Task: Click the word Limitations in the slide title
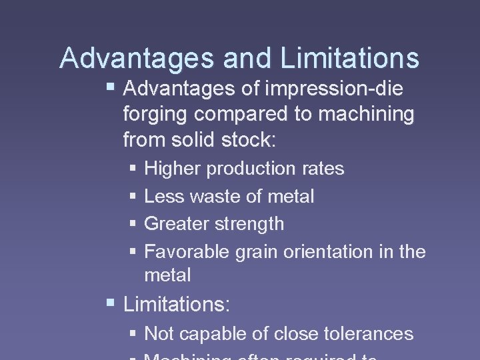(350, 58)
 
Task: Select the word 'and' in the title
(249, 58)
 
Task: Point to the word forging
(156, 115)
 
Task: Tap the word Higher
(173, 169)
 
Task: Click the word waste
(214, 197)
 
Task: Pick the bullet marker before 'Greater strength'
(133, 225)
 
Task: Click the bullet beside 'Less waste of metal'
(133, 197)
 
